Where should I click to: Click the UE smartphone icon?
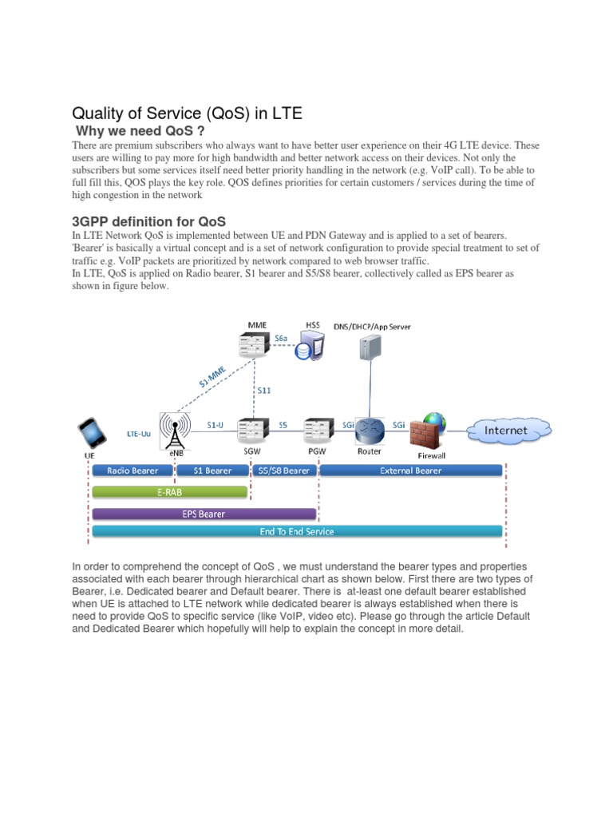pyautogui.click(x=92, y=434)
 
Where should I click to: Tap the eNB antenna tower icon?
pyautogui.click(x=175, y=430)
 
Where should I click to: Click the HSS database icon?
pyautogui.click(x=308, y=347)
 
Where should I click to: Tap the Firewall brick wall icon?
pyautogui.click(x=429, y=432)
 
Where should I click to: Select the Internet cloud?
pyautogui.click(x=507, y=430)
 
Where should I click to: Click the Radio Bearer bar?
pyautogui.click(x=132, y=471)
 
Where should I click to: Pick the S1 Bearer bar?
pyautogui.click(x=212, y=471)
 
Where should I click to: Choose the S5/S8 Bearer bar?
pyautogui.click(x=284, y=471)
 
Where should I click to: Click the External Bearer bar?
pyautogui.click(x=410, y=471)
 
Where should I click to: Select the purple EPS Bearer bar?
pyautogui.click(x=204, y=514)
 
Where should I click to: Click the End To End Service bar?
pyautogui.click(x=297, y=531)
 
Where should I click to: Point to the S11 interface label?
pyautogui.click(x=264, y=391)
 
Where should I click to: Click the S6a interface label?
pyautogui.click(x=282, y=339)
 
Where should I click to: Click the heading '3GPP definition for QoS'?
pyautogui.click(x=149, y=221)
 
